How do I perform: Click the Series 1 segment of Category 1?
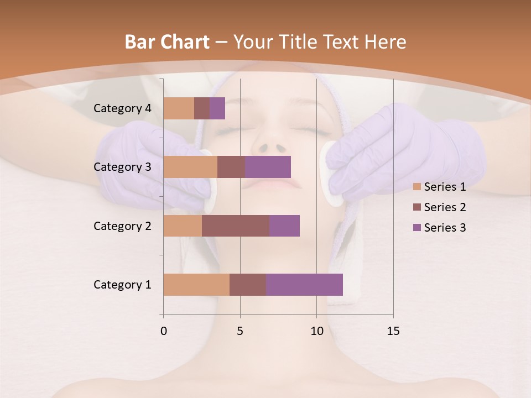(x=196, y=285)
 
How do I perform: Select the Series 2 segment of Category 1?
(x=248, y=285)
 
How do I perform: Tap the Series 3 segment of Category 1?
(x=304, y=285)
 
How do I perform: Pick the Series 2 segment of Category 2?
(x=236, y=226)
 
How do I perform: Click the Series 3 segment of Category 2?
(x=284, y=226)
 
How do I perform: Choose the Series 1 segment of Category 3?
(x=190, y=167)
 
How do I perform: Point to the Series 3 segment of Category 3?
(x=268, y=167)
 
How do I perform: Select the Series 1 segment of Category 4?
(x=179, y=108)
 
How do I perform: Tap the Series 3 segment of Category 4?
(x=217, y=108)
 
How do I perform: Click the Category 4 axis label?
(x=122, y=108)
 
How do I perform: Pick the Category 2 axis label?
(x=122, y=226)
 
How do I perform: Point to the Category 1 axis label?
(x=122, y=285)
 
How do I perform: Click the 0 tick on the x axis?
(x=164, y=331)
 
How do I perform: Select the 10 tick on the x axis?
(x=316, y=331)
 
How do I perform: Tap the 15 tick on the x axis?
(x=393, y=331)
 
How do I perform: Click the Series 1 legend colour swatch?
(x=417, y=187)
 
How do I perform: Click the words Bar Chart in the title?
(x=166, y=42)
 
